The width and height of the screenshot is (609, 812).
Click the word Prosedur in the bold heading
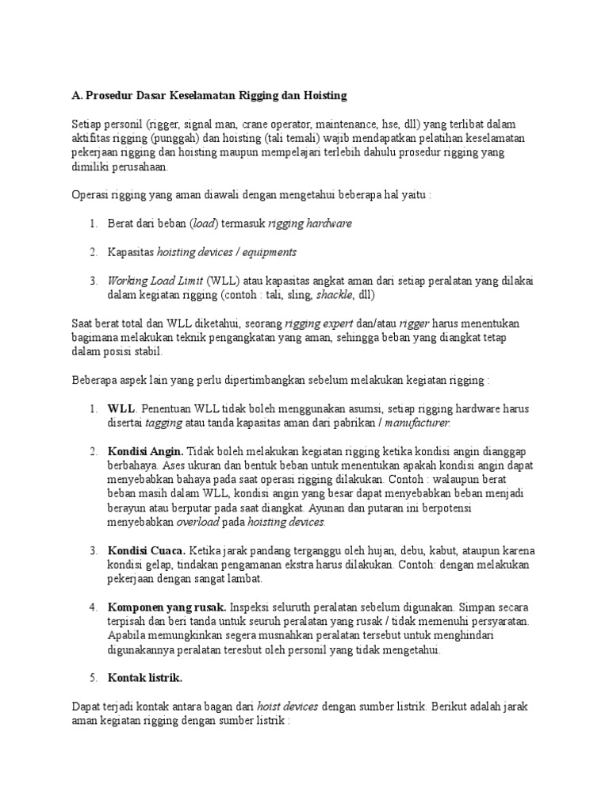tap(108, 96)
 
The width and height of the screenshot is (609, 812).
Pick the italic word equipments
tap(268, 252)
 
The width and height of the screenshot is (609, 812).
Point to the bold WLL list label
tap(122, 408)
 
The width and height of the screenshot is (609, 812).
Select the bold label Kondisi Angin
tap(145, 451)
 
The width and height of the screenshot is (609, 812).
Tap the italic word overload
tap(197, 523)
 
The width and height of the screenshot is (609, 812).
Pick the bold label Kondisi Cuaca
tap(147, 551)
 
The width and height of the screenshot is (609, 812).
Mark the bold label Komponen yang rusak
tap(167, 607)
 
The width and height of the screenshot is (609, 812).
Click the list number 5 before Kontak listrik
tap(92, 679)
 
